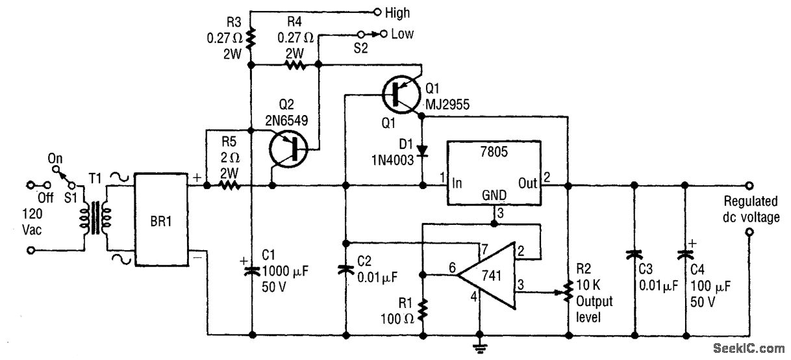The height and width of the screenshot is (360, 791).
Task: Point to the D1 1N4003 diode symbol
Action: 422,151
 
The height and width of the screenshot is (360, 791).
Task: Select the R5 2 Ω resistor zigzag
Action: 229,186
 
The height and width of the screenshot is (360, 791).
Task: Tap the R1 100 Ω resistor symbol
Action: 423,309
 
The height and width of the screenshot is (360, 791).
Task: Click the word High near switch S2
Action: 397,12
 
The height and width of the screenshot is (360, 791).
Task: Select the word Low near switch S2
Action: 402,34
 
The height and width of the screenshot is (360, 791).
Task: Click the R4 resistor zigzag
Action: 295,65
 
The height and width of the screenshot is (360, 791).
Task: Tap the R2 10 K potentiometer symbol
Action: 569,292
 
